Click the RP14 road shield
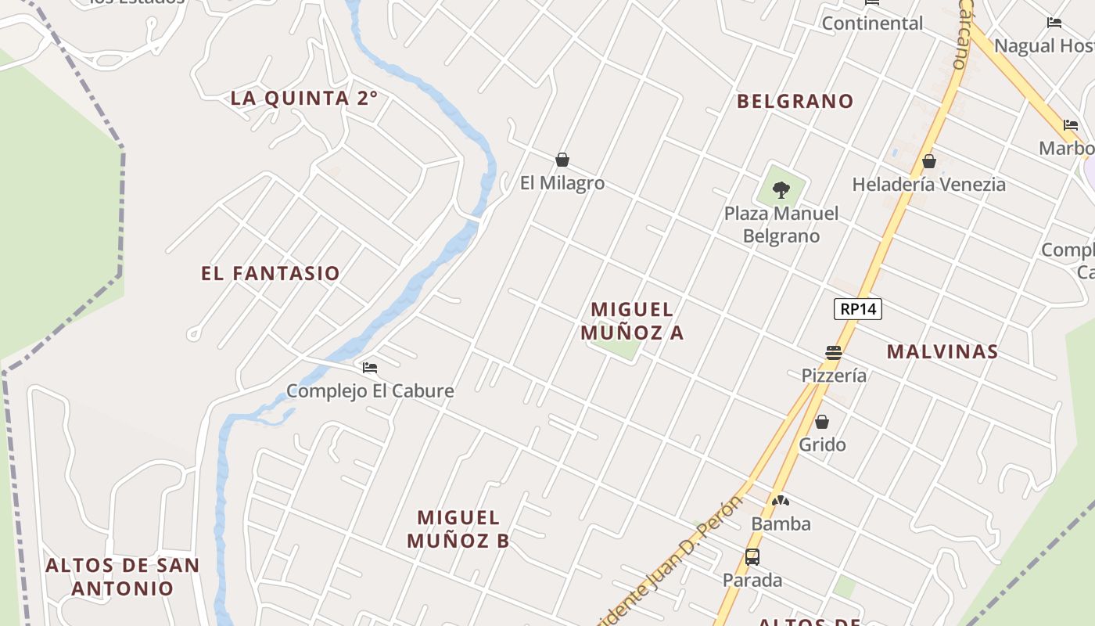(x=857, y=309)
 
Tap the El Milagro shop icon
(x=562, y=160)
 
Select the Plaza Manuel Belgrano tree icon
(x=781, y=189)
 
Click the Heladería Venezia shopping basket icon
(x=928, y=162)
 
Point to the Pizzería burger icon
(x=833, y=353)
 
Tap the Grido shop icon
(x=822, y=423)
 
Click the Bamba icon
(x=780, y=501)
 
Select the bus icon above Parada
(x=752, y=557)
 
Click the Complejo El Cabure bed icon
(x=370, y=367)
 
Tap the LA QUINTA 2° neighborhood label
(x=304, y=99)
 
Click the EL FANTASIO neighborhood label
(x=271, y=273)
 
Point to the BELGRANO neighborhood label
(x=795, y=101)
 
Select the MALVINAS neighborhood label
(x=942, y=351)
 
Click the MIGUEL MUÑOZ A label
(x=632, y=321)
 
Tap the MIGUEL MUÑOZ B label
(x=458, y=529)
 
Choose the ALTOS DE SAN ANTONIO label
(x=123, y=577)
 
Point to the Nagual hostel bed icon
(x=1054, y=23)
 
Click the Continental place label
(x=872, y=23)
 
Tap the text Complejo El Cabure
(x=370, y=390)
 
